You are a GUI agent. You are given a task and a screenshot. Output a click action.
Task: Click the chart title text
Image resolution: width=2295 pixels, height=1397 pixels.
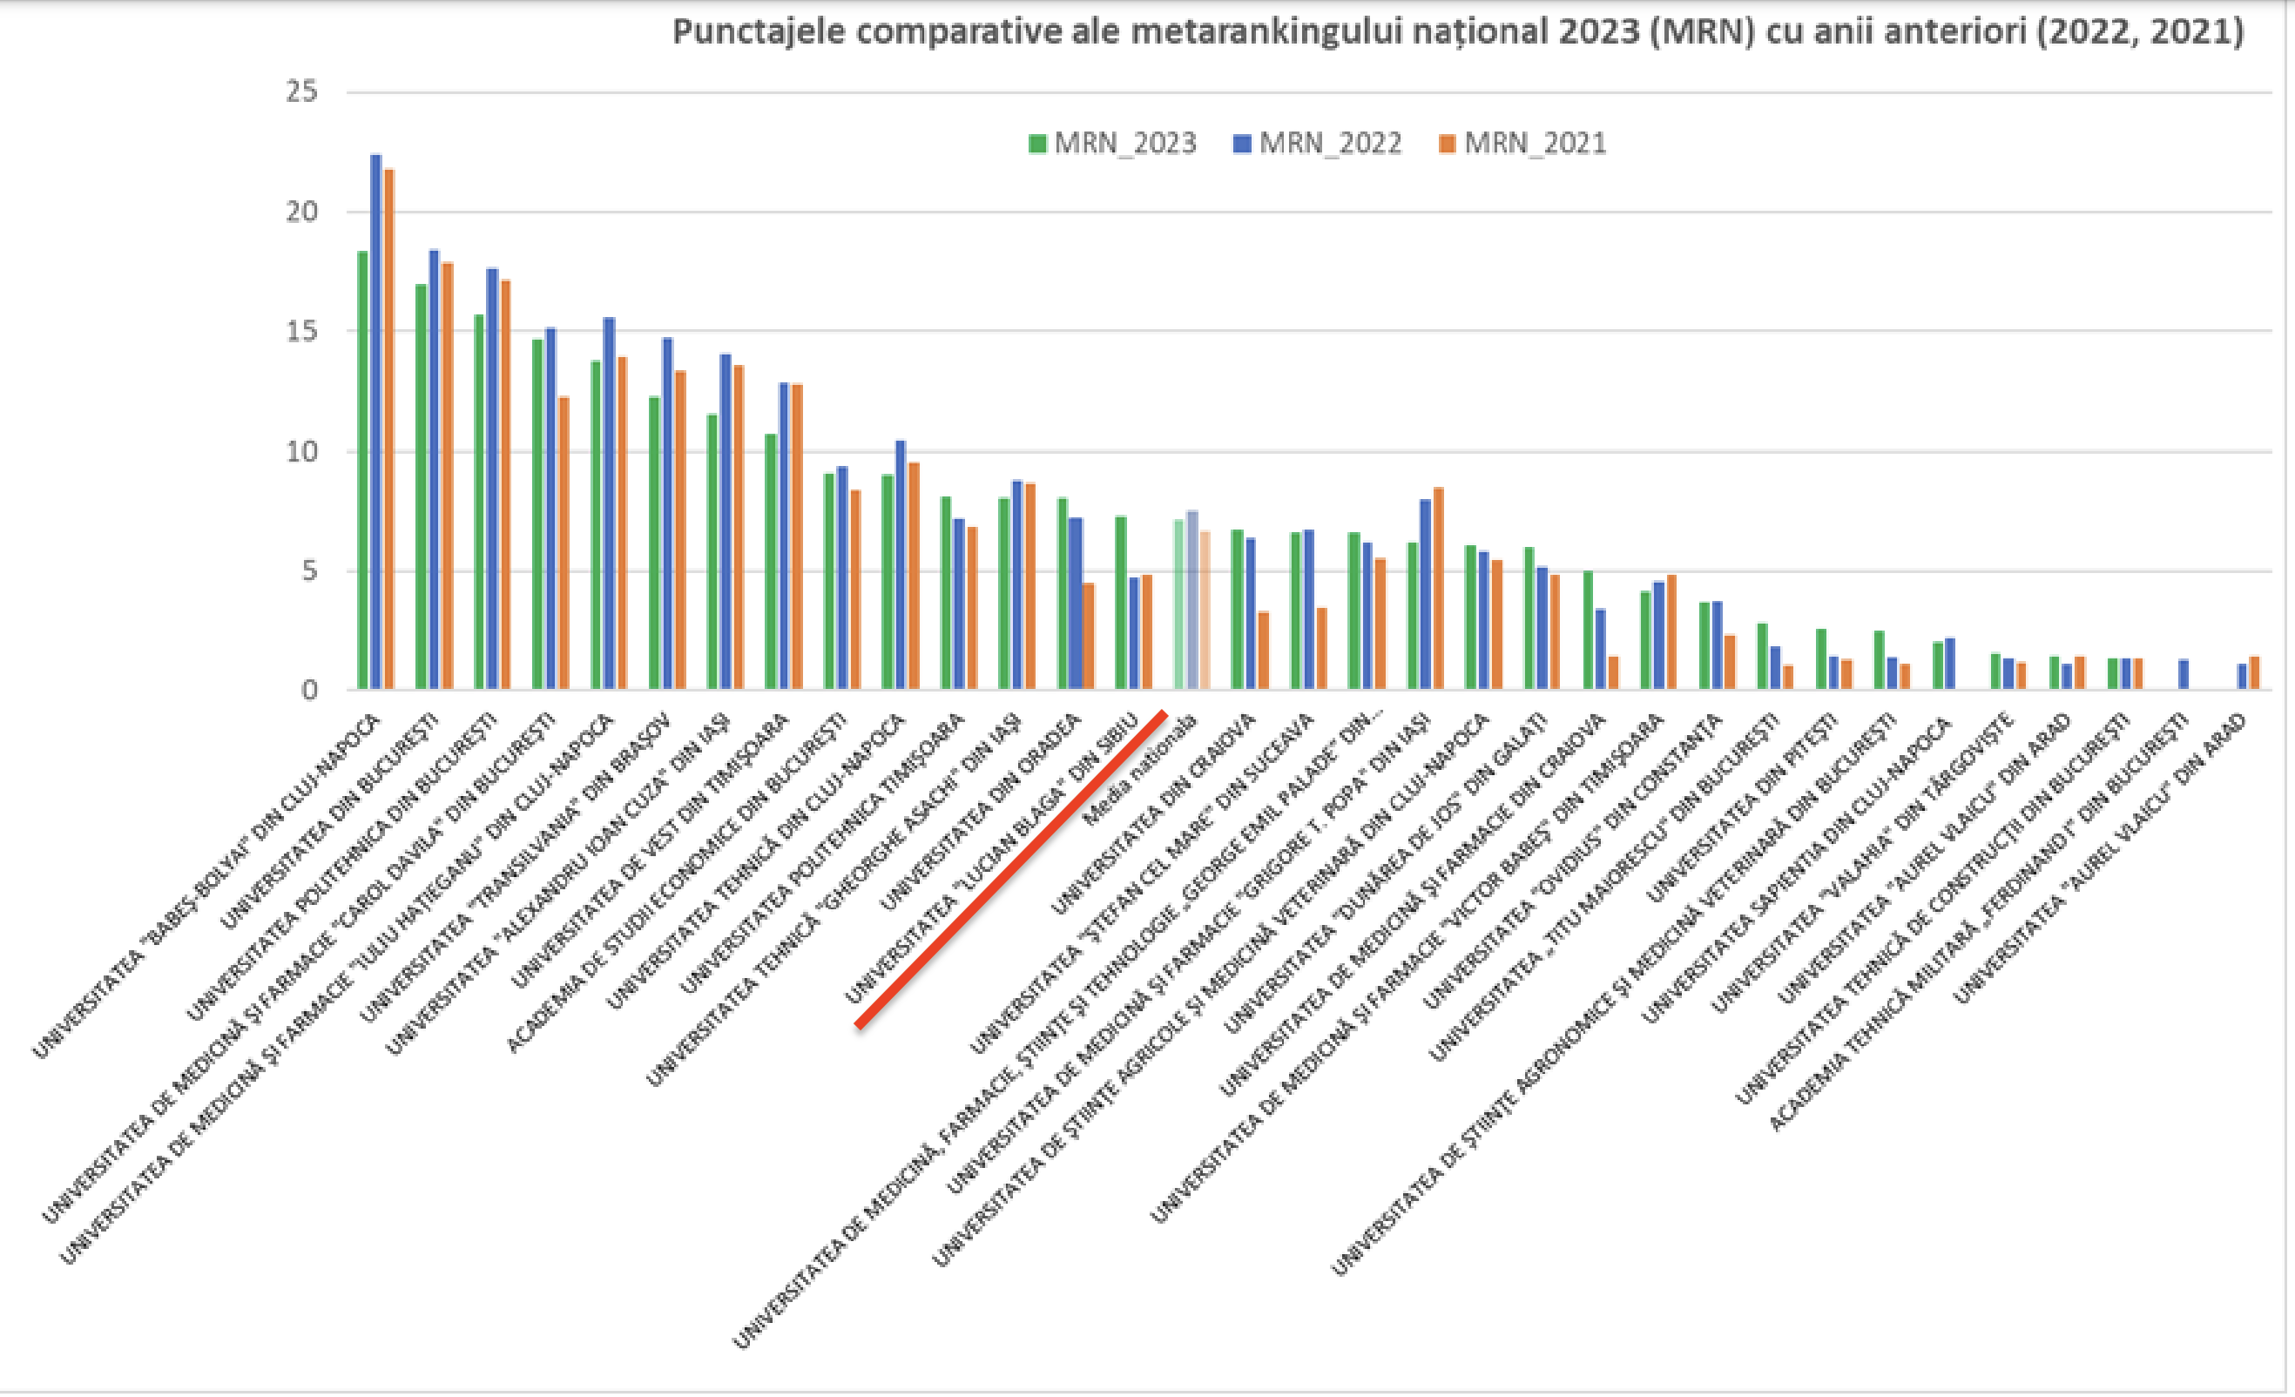[x=1458, y=32]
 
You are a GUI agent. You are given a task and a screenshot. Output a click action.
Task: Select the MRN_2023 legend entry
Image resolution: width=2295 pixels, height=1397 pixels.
[x=1112, y=144]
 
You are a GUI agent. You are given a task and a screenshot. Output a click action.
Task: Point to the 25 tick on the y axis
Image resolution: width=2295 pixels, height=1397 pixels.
[x=301, y=91]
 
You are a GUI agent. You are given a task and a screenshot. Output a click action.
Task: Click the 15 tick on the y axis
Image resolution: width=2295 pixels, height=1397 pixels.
[x=301, y=332]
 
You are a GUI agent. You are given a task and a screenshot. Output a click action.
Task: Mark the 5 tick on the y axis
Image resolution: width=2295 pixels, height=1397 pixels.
[x=309, y=571]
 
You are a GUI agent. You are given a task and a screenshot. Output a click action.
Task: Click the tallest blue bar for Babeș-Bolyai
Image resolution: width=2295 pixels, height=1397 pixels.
[x=376, y=419]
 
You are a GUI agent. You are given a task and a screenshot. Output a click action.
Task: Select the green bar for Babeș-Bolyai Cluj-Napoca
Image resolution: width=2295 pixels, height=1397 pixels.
[x=362, y=470]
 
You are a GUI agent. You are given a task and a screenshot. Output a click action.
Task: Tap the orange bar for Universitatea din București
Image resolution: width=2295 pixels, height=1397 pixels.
[x=448, y=475]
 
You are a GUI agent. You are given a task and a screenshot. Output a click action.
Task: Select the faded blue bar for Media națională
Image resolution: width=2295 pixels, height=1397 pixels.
[x=1192, y=600]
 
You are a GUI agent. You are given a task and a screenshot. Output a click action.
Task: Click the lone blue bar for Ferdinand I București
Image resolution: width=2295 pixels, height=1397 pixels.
[x=2184, y=674]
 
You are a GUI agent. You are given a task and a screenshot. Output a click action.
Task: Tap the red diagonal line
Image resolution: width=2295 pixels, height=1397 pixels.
[x=1010, y=870]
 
